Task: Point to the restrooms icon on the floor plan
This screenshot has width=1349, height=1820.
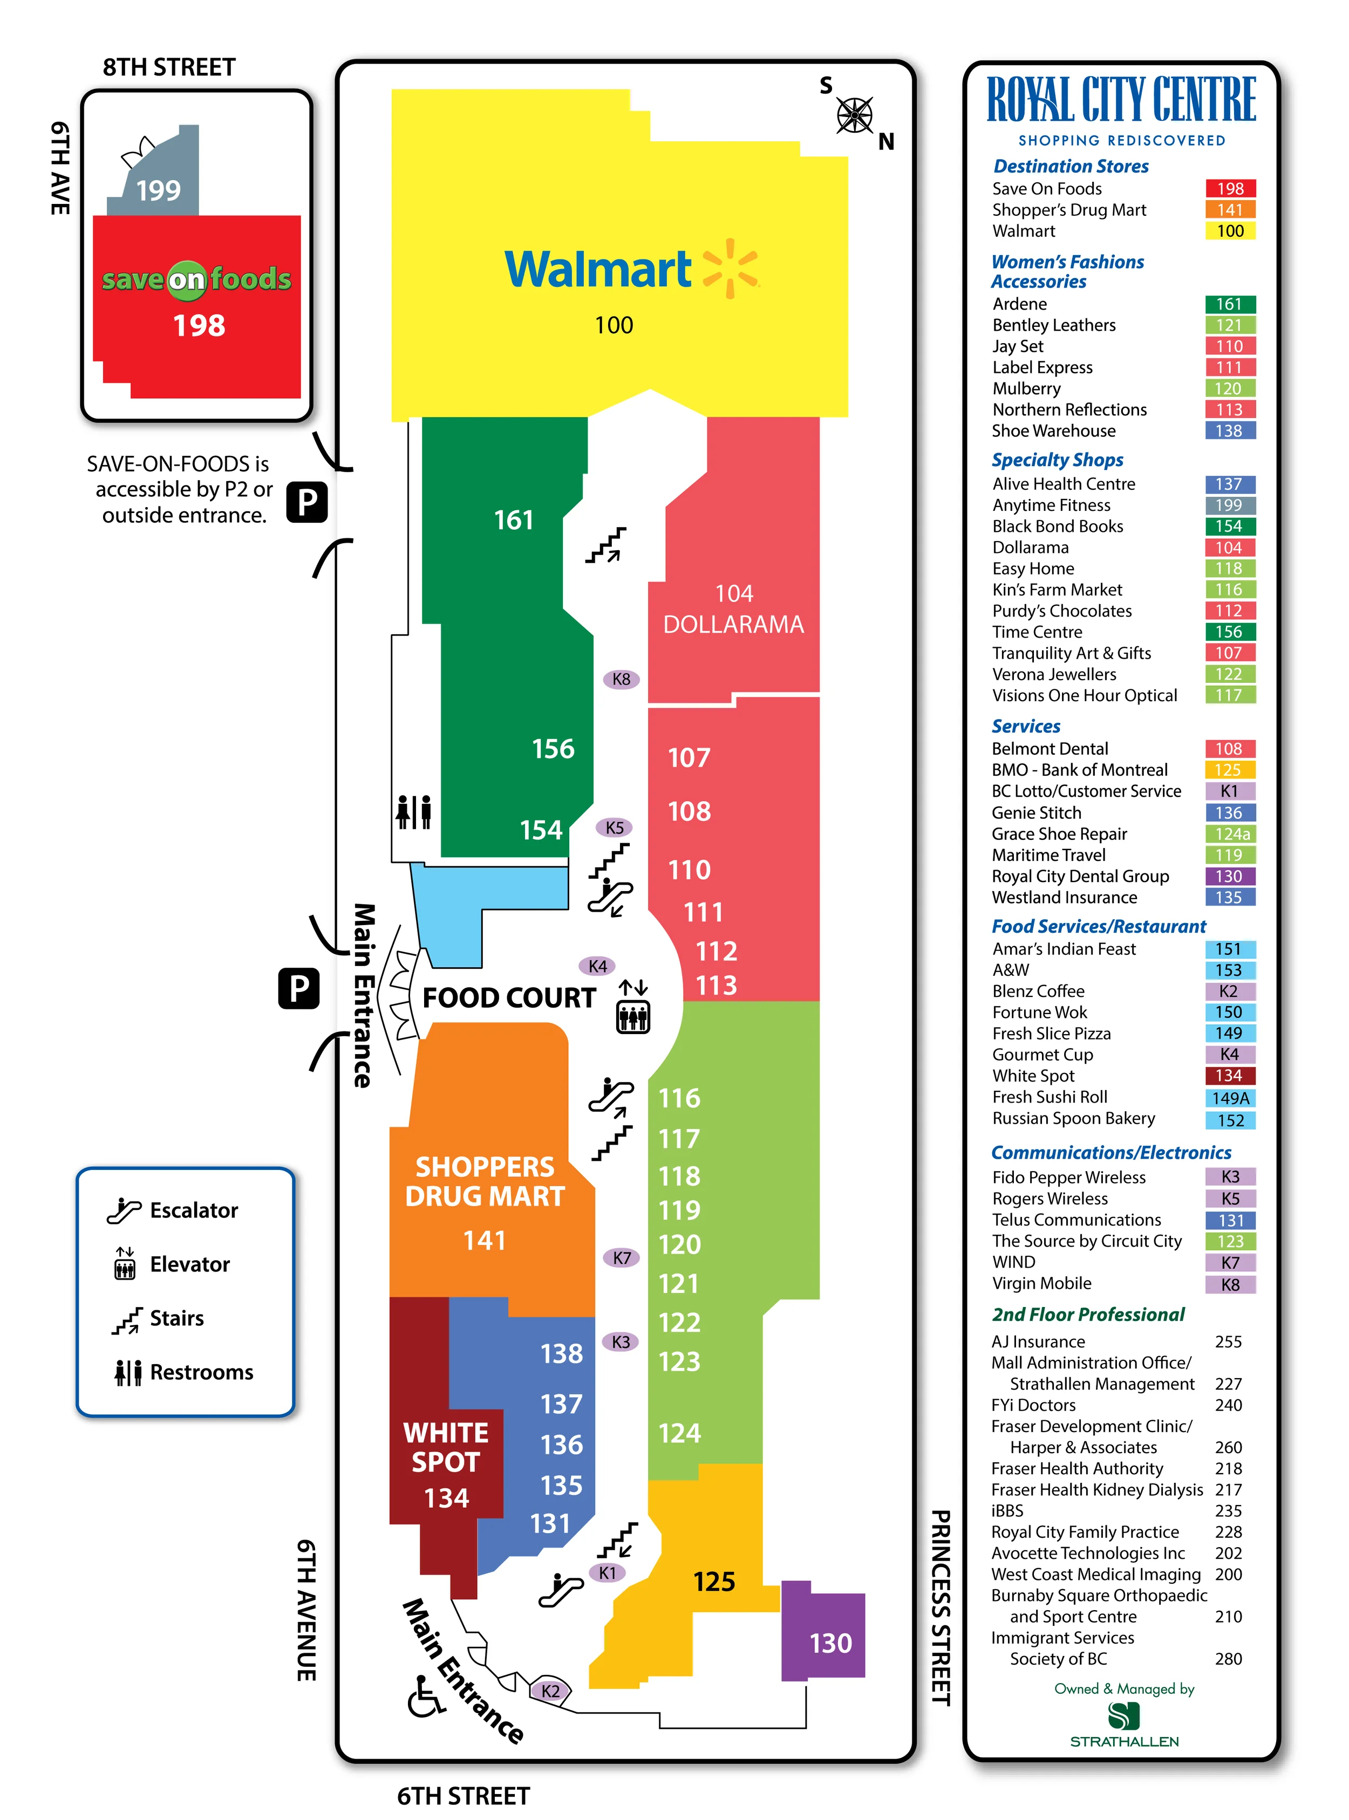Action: point(413,812)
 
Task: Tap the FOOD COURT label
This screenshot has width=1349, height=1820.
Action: point(509,997)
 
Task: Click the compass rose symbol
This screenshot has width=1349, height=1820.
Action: point(854,115)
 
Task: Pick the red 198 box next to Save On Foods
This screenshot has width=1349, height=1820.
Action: point(1230,189)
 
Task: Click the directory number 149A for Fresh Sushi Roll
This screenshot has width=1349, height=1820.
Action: point(1230,1098)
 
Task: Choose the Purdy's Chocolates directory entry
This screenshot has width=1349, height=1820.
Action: point(1061,611)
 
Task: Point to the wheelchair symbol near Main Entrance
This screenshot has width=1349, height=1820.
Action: point(425,1697)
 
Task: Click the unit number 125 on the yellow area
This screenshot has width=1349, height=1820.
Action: point(714,1582)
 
